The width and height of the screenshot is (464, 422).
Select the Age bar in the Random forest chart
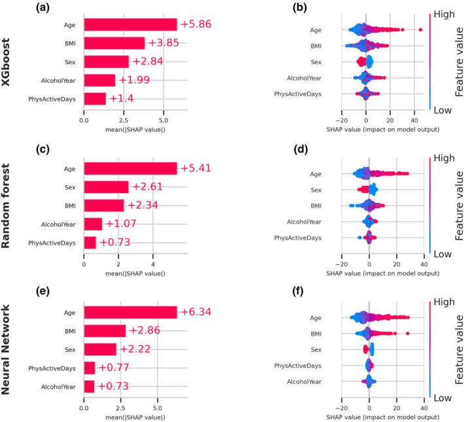[x=130, y=168]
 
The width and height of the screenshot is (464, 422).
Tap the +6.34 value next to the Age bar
[x=197, y=312]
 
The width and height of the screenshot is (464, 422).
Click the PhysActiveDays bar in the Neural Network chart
[x=89, y=368]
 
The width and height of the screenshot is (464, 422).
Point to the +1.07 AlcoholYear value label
[x=121, y=224]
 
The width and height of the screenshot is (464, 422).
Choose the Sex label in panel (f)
[x=333, y=350]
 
